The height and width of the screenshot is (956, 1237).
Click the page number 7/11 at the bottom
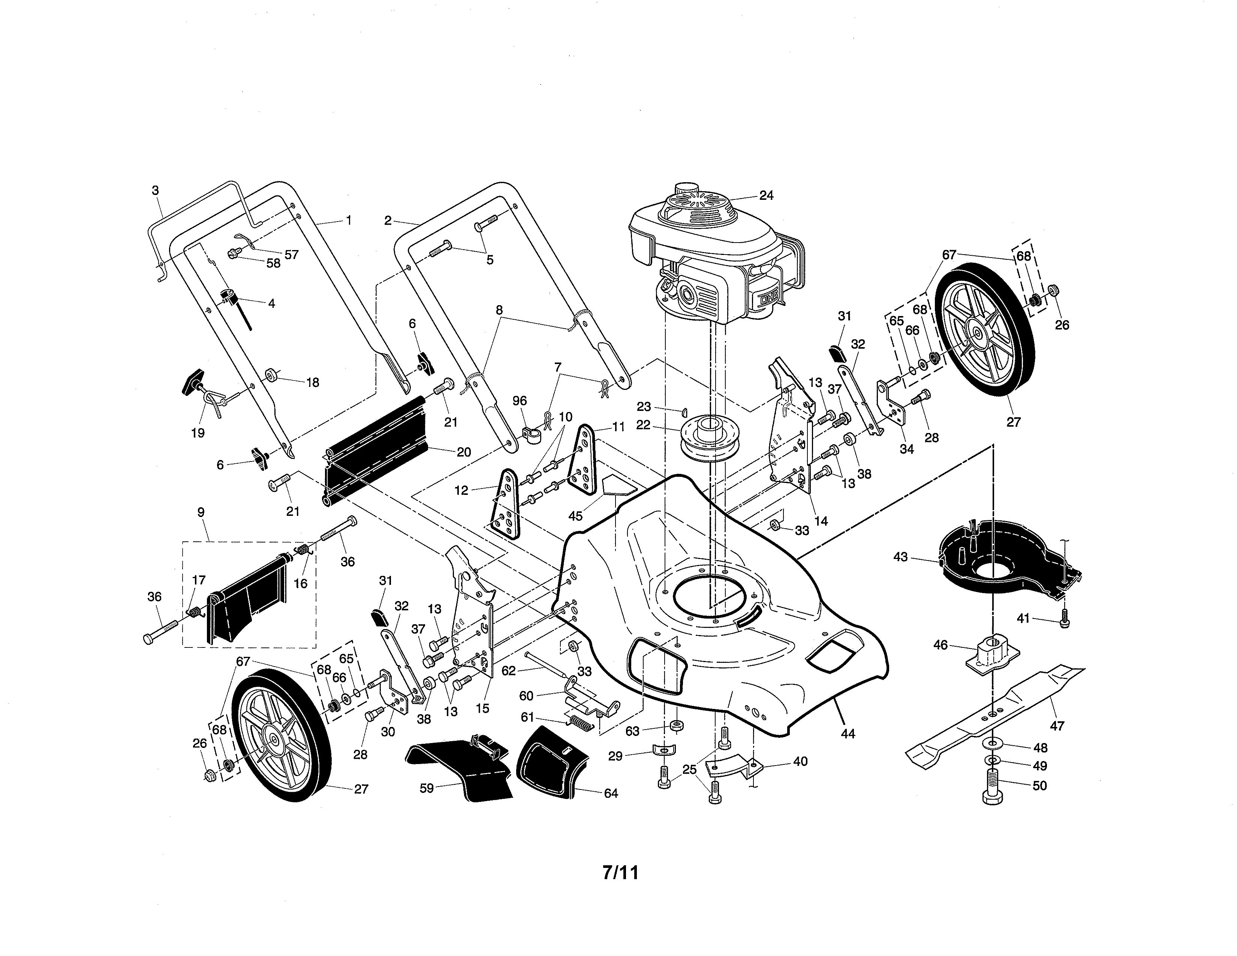(x=620, y=872)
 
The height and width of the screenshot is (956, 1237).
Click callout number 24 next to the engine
(x=766, y=195)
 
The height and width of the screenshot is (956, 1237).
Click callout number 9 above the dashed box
(x=201, y=512)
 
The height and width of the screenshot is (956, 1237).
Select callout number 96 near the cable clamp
(x=520, y=401)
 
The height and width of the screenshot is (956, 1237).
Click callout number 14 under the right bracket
(x=820, y=521)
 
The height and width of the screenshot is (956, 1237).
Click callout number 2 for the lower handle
(x=388, y=221)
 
